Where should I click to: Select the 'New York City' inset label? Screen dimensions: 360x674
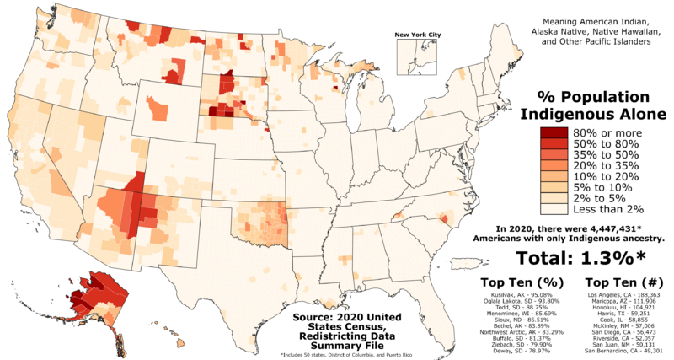click(x=411, y=35)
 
